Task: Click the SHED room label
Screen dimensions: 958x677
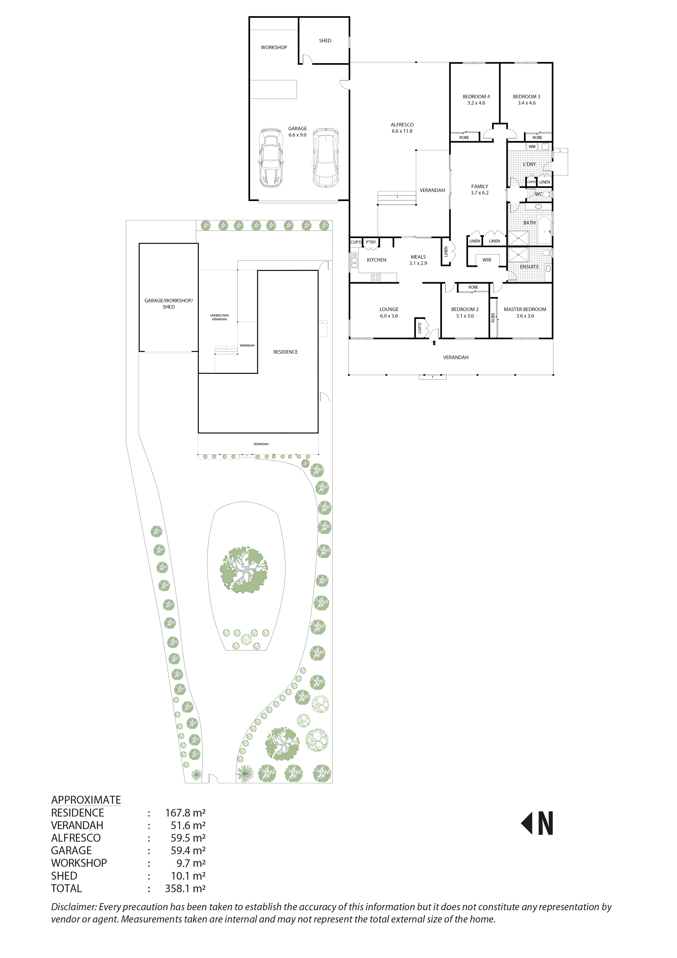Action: pyautogui.click(x=325, y=40)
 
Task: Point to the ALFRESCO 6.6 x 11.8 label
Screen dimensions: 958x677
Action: pyautogui.click(x=402, y=128)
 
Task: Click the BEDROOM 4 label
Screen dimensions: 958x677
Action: pyautogui.click(x=476, y=96)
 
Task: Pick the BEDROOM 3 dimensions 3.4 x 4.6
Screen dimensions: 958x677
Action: pyautogui.click(x=526, y=103)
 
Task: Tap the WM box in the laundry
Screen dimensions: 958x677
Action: pyautogui.click(x=532, y=146)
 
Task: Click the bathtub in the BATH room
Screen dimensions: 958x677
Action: pyautogui.click(x=544, y=230)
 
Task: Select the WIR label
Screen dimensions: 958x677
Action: pyautogui.click(x=487, y=260)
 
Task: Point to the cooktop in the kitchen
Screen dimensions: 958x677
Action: pyautogui.click(x=375, y=277)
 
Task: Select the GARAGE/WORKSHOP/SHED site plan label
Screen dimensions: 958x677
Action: pyautogui.click(x=168, y=303)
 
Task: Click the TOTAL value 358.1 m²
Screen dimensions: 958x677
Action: pyautogui.click(x=185, y=888)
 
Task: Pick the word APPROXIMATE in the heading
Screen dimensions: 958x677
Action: pyautogui.click(x=86, y=800)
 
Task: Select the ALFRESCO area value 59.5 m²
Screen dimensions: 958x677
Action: pyautogui.click(x=188, y=838)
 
